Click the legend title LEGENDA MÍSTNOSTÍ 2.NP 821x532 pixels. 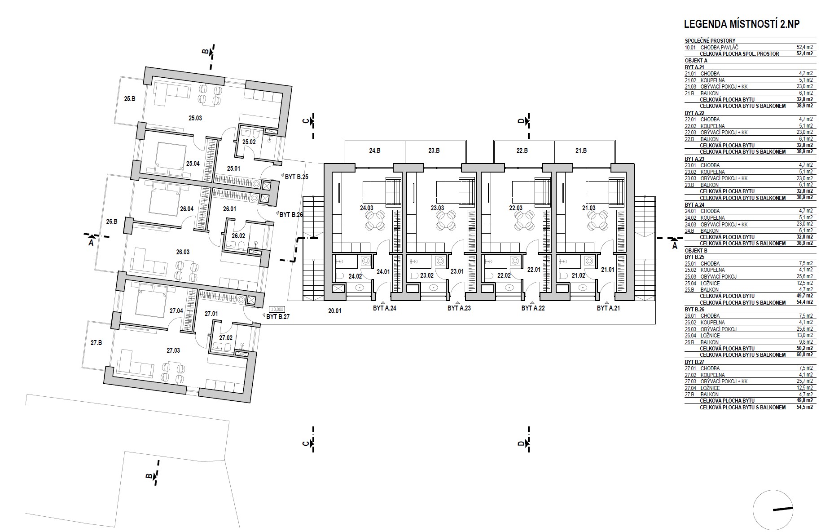(x=741, y=24)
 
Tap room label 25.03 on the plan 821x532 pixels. (x=195, y=119)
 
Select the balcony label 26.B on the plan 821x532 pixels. (x=112, y=221)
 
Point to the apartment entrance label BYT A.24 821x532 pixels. (x=384, y=308)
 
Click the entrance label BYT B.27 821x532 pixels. (x=278, y=316)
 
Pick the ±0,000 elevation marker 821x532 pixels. (x=277, y=309)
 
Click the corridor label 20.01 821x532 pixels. (x=335, y=310)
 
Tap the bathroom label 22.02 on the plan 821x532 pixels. (x=504, y=275)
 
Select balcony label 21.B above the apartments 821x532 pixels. (x=581, y=151)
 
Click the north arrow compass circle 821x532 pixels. (x=773, y=509)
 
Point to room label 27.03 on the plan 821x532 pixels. (x=173, y=350)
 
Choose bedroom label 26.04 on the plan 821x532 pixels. (x=186, y=208)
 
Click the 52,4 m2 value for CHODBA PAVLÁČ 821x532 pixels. (x=805, y=47)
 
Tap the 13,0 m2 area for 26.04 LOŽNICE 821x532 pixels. (x=805, y=335)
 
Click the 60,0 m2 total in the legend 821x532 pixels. (x=805, y=355)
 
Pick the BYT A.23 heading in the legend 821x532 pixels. (x=695, y=159)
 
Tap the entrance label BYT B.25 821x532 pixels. (x=296, y=177)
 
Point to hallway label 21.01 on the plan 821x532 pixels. (x=607, y=270)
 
